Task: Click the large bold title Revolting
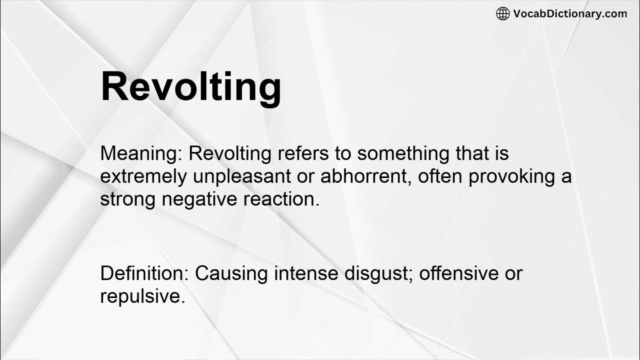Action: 191,87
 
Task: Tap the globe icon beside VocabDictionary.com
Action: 502,13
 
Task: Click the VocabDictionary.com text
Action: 570,13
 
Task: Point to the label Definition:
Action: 144,273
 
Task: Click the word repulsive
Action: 142,296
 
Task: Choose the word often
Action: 439,177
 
